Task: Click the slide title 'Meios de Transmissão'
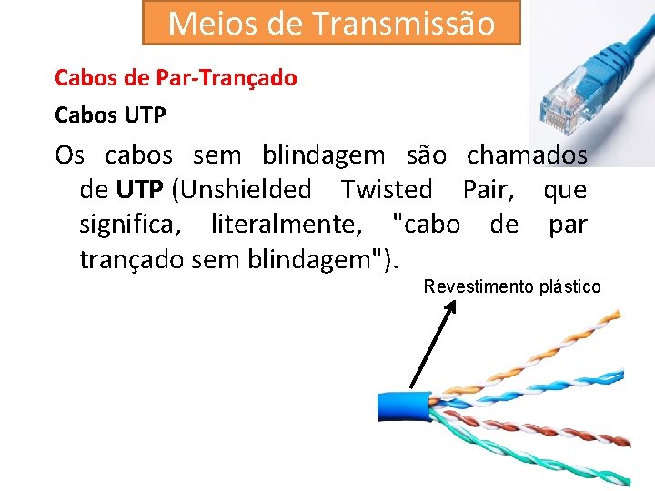[331, 23]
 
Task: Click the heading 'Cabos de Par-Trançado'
[176, 78]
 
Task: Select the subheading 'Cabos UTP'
[110, 116]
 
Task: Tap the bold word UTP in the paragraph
[139, 190]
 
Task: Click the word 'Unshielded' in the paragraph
[241, 190]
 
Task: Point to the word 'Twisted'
[387, 190]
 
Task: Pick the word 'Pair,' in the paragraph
[495, 190]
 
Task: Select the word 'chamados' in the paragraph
[527, 155]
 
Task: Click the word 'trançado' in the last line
[133, 258]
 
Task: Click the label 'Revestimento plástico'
[512, 287]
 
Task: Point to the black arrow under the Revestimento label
[433, 346]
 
